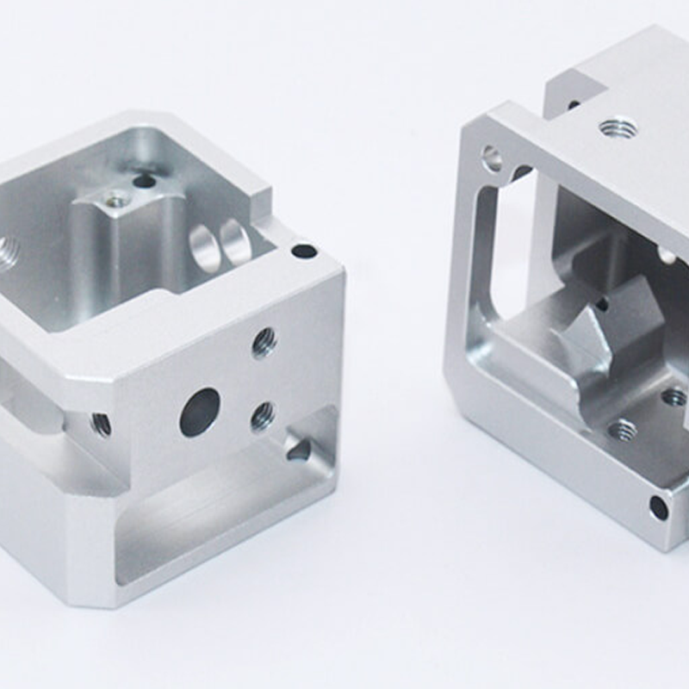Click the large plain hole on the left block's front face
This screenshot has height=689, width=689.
point(200,412)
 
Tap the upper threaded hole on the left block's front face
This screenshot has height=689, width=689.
point(264,343)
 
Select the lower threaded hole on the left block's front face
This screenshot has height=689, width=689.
point(263,418)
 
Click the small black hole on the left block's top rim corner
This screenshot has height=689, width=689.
point(304,251)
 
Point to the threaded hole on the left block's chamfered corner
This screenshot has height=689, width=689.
point(101,424)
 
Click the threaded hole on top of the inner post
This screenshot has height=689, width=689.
point(115,200)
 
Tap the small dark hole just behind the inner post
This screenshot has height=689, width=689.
point(144,182)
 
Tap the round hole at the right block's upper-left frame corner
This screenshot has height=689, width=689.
point(492,158)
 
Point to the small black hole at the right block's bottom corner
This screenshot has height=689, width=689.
point(658,508)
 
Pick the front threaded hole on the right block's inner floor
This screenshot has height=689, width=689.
point(622,430)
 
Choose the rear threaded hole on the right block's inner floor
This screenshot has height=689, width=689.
point(673,397)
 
